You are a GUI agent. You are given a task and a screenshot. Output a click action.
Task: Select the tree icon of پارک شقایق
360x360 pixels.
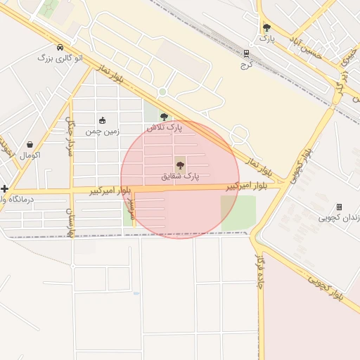coord(180,165)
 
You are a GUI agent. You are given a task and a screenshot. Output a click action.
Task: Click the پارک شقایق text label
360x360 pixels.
coord(180,176)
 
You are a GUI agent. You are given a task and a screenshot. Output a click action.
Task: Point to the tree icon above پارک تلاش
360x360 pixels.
coord(164,117)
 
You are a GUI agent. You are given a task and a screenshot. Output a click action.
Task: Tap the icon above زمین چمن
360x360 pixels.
coord(103,120)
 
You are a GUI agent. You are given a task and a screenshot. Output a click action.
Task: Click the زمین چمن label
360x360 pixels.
coord(103,131)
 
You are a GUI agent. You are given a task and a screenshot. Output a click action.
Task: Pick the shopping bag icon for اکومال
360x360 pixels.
coord(30,144)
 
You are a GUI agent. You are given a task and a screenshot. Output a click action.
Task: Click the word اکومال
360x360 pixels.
coord(30,155)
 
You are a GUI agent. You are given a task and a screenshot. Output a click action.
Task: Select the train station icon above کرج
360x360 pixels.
coord(246,53)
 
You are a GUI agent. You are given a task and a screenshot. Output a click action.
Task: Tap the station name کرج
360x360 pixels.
coord(246,64)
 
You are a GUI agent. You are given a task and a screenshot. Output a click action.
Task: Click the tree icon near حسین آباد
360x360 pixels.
coord(266,28)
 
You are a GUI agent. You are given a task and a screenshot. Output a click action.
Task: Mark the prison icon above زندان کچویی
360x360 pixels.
coord(339,207)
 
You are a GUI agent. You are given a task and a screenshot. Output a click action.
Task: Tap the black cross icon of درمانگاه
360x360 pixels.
coord(5,188)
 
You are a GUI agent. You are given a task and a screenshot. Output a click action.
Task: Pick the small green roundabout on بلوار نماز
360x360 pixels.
coord(162,92)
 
